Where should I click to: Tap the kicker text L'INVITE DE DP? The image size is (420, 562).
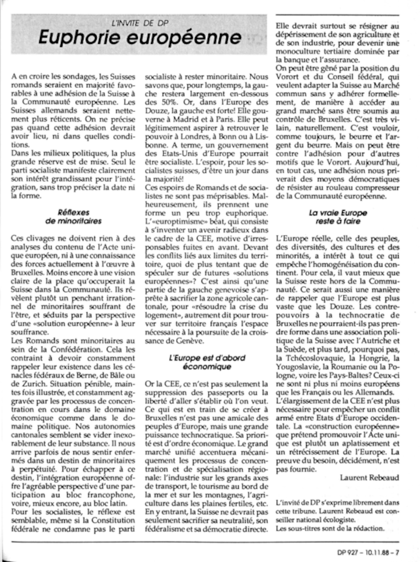pos(140,23)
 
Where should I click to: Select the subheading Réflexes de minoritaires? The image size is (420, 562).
pos(73,217)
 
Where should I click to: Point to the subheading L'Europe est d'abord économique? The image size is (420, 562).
pos(207,362)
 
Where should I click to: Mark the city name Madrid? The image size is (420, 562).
pos(189,119)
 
